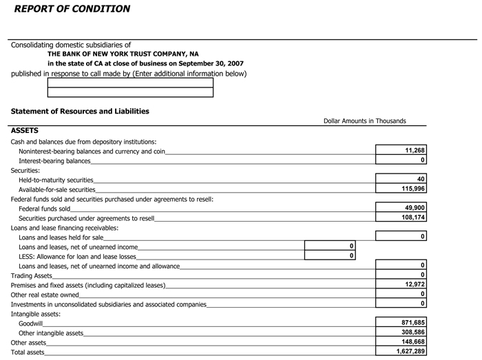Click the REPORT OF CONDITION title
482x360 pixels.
(72, 9)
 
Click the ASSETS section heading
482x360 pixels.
(25, 130)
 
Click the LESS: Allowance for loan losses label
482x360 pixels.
(77, 257)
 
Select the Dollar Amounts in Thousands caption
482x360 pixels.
(364, 121)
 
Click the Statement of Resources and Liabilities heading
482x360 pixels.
(80, 111)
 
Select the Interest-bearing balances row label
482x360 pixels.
(54, 161)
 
